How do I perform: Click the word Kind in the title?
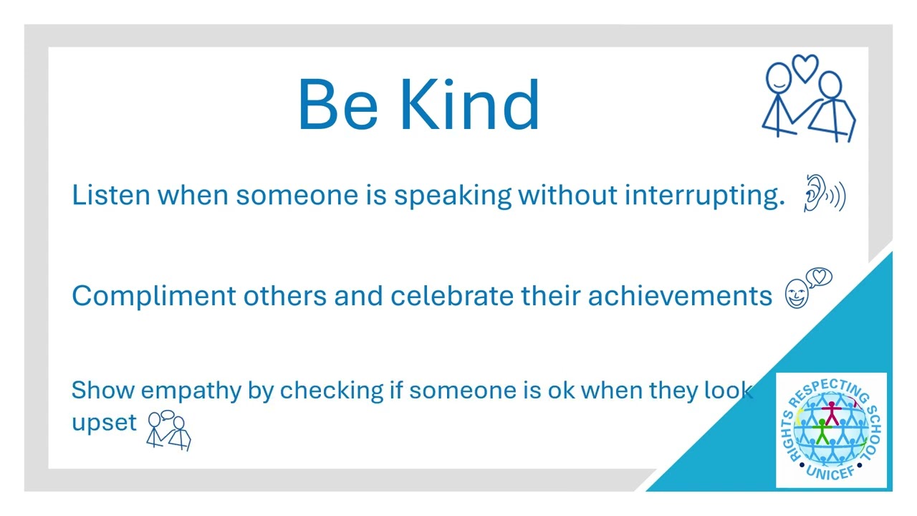point(470,105)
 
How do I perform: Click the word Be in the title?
point(338,105)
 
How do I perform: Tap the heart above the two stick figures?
point(805,68)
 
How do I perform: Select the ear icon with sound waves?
point(825,193)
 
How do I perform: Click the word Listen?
point(111,194)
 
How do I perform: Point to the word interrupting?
point(704,196)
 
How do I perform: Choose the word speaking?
point(452,196)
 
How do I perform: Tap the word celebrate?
point(451,295)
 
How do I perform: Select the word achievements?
point(680,295)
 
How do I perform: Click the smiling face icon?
point(796,293)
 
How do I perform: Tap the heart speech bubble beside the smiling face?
point(819,277)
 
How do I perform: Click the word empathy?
point(191,391)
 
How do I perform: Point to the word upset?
point(104,424)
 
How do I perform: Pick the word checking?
point(332,391)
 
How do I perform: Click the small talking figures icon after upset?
point(168,430)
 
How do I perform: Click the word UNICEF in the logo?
point(830,474)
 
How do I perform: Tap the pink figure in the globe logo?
point(832,413)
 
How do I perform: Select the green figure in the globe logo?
point(822,431)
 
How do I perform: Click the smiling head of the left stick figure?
point(779,78)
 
